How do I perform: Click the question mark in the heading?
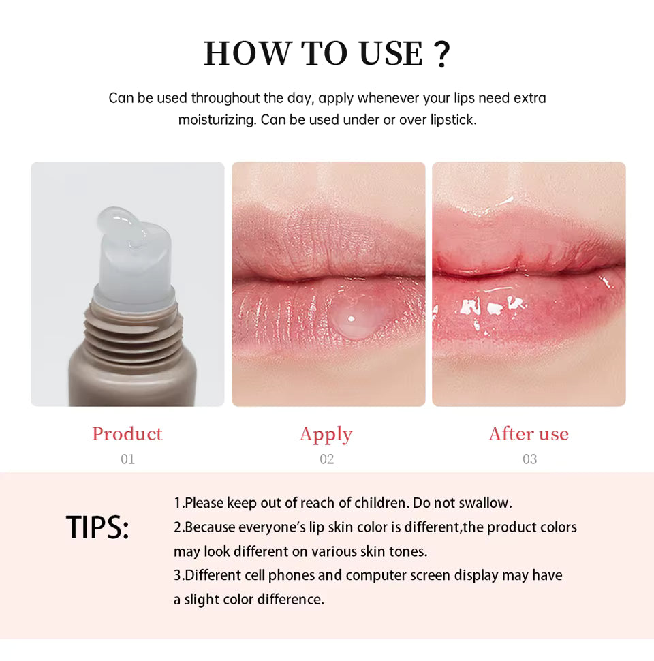[441, 54]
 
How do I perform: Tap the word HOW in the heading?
[246, 54]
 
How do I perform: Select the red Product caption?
[127, 434]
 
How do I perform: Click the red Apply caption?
[326, 434]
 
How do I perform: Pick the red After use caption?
[529, 434]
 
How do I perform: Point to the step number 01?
[127, 459]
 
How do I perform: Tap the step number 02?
[327, 459]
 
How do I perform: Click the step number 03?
[529, 459]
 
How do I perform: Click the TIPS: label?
[97, 527]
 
